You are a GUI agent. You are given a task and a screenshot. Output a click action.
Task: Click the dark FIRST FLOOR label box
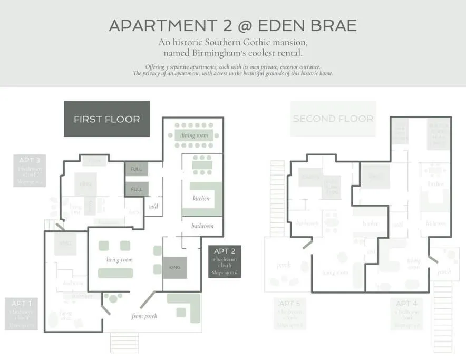pyautogui.click(x=107, y=119)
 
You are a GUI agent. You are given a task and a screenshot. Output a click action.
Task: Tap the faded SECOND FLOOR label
pyautogui.click(x=333, y=119)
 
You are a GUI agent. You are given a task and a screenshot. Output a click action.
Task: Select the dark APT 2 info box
pyautogui.click(x=225, y=263)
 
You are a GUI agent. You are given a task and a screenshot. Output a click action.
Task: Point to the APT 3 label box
pyautogui.click(x=30, y=170)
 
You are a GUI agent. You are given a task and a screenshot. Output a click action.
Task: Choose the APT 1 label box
pyautogui.click(x=22, y=314)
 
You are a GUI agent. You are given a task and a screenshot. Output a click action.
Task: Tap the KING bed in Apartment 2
pyautogui.click(x=174, y=267)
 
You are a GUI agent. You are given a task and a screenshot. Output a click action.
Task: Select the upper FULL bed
pyautogui.click(x=137, y=169)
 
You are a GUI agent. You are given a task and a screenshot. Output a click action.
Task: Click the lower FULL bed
pyautogui.click(x=137, y=189)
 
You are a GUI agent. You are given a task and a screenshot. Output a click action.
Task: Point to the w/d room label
pyautogui.click(x=153, y=206)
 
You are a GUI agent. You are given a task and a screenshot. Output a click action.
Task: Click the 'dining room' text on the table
pyautogui.click(x=195, y=135)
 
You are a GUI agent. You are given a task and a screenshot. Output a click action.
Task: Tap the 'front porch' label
pyautogui.click(x=144, y=316)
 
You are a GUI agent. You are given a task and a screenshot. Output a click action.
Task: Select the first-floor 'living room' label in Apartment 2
pyautogui.click(x=120, y=259)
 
